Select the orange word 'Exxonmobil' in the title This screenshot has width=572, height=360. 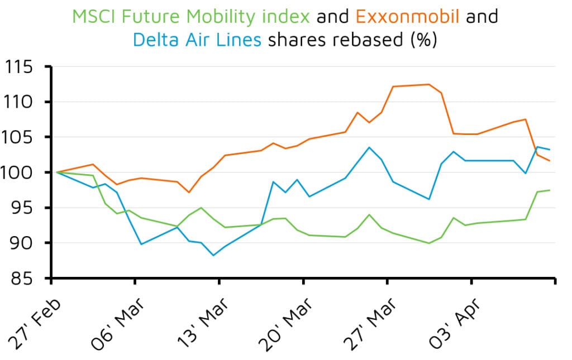[x=407, y=17]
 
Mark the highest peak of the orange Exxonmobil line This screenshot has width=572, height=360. [x=429, y=84]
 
